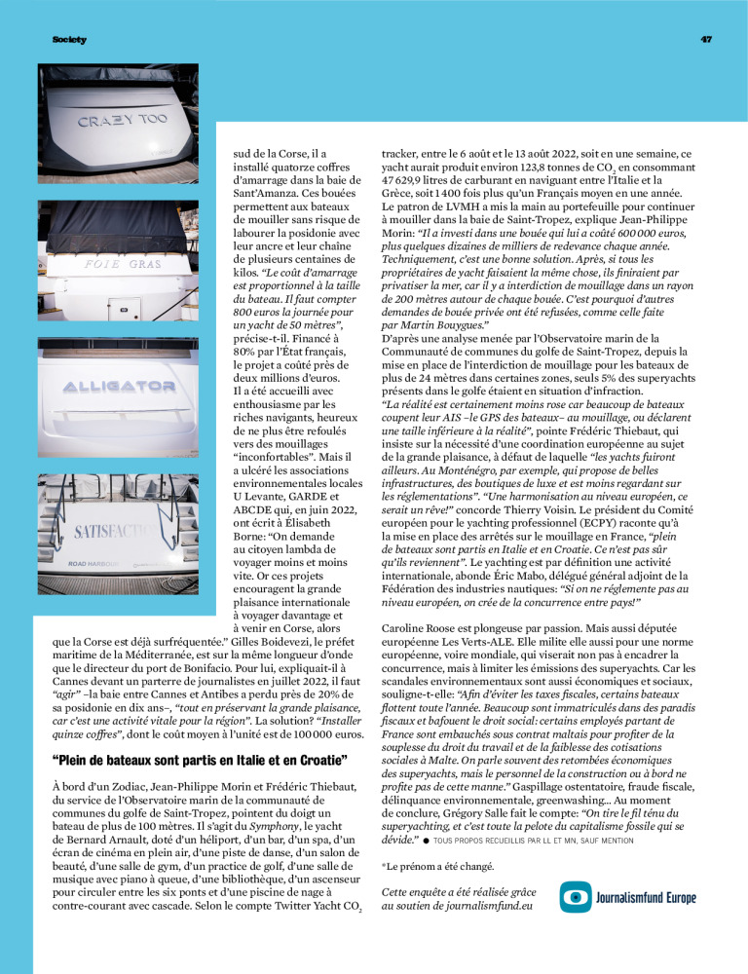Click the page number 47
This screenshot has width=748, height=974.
click(706, 39)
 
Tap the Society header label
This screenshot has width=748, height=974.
click(69, 39)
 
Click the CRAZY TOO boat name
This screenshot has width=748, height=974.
click(123, 123)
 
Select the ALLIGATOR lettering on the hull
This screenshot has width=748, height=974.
click(118, 387)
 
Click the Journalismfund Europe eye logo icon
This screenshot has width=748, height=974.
click(577, 896)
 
